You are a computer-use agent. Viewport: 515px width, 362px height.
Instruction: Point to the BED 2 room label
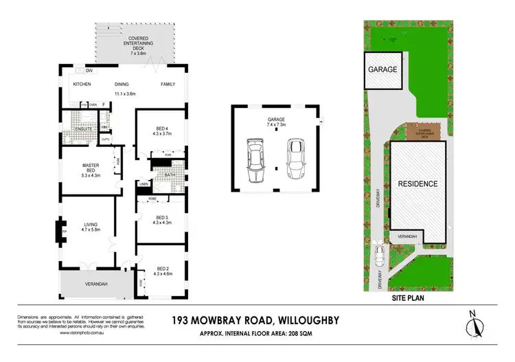coord(162,268)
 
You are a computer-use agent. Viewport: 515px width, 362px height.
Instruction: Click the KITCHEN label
coord(82,84)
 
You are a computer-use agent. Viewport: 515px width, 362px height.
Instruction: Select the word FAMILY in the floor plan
coord(168,84)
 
